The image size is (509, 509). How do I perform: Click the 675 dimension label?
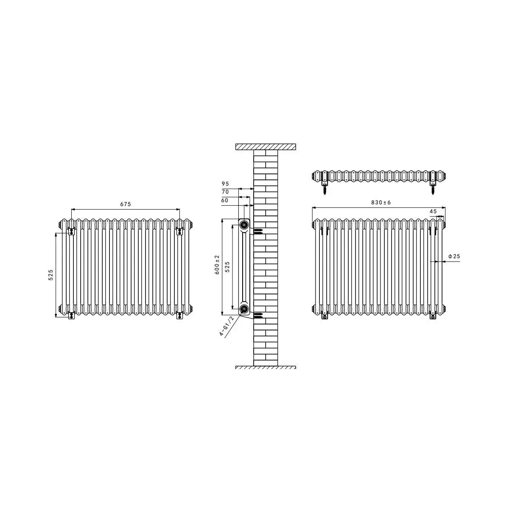tap(126, 204)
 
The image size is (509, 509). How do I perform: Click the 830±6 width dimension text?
tap(380, 203)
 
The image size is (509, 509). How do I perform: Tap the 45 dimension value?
tap(433, 211)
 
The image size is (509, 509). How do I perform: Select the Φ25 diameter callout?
tap(454, 256)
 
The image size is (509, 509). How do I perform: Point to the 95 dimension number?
tap(225, 184)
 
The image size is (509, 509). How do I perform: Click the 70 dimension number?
tap(225, 192)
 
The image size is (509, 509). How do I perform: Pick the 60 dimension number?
tap(224, 201)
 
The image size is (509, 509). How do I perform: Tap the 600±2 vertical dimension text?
tap(217, 264)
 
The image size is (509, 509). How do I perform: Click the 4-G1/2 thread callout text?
tap(227, 326)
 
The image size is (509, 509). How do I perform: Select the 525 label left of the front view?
tap(51, 275)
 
